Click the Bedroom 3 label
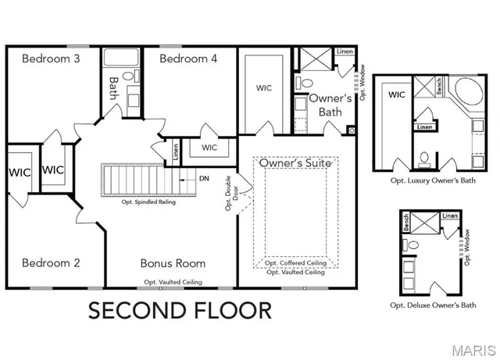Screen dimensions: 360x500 click(x=50, y=59)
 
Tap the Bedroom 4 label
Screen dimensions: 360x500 click(x=188, y=59)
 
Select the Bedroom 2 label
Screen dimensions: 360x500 click(x=51, y=263)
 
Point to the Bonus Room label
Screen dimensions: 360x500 click(x=173, y=263)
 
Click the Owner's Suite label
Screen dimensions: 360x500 click(x=295, y=163)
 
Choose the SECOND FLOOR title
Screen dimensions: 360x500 click(x=180, y=310)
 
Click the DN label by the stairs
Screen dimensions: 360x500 click(x=204, y=179)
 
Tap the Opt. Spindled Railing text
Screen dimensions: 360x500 click(x=148, y=201)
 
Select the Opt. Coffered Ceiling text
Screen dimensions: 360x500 click(x=295, y=263)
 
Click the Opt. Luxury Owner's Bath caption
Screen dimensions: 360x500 click(x=433, y=180)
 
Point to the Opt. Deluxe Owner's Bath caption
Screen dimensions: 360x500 click(x=433, y=305)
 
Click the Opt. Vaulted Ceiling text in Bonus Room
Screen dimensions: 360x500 click(x=173, y=282)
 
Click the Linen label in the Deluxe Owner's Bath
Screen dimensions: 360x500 click(x=450, y=216)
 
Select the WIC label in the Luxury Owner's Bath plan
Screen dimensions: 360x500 click(x=397, y=94)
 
